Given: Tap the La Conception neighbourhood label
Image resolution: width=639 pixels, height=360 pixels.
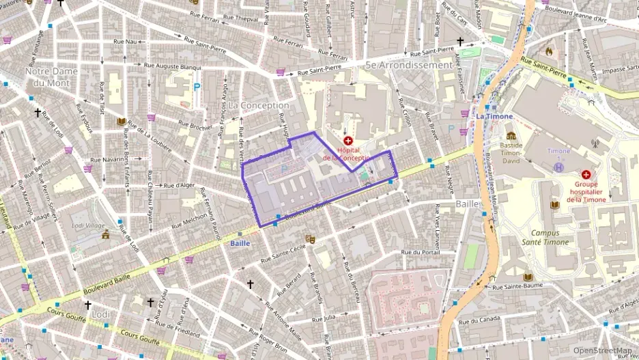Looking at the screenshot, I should coord(259,106).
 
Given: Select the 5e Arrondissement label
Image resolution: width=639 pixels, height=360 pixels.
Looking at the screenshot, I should coord(409,66).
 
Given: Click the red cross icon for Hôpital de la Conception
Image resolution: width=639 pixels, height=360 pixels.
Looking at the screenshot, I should coord(348,140).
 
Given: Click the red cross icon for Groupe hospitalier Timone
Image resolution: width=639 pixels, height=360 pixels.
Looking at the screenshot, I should coord(586,174).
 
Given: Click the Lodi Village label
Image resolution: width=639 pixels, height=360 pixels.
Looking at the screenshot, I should coord(89,225).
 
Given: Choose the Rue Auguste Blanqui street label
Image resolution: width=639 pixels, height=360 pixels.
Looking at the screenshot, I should coord(173,67).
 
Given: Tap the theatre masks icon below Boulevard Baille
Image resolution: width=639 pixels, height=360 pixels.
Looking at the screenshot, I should coord(310,239).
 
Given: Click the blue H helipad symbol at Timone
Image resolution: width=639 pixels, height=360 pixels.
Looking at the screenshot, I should coord(559,166).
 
